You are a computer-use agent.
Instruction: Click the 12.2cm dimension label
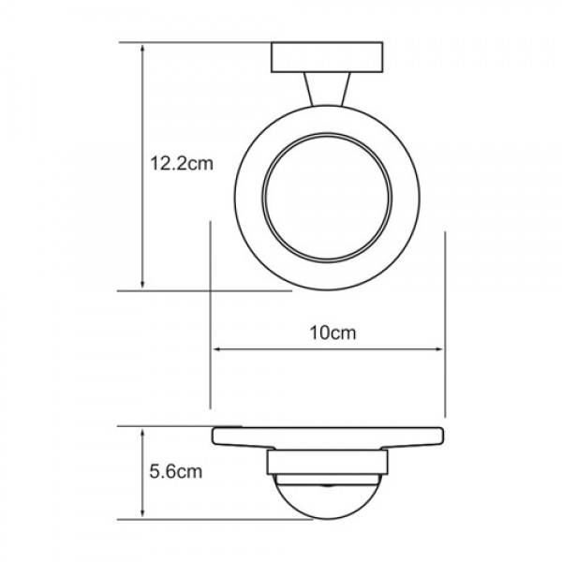(x=182, y=163)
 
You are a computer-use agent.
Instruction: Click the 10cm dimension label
(x=333, y=333)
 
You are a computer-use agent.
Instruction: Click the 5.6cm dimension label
(x=176, y=472)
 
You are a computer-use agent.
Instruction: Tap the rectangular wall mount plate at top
(x=327, y=57)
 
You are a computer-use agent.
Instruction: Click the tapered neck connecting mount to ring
(x=327, y=89)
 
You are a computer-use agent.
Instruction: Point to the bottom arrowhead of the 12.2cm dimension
(x=142, y=284)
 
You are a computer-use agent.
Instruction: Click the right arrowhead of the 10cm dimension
(x=438, y=349)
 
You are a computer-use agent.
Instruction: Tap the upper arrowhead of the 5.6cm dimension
(x=142, y=435)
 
